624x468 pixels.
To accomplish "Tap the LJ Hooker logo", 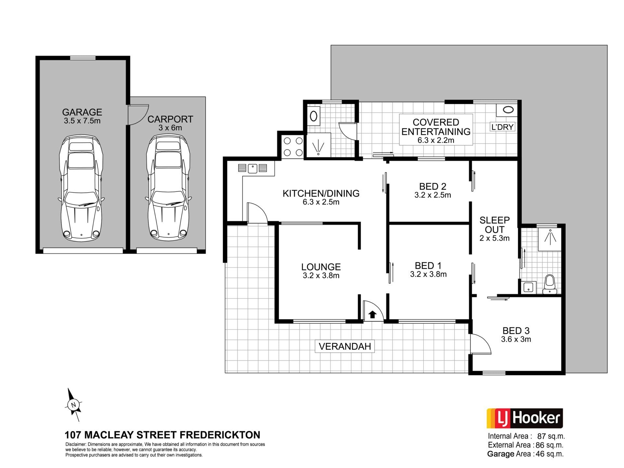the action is click(525, 418).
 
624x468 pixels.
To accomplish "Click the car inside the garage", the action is click(81, 188).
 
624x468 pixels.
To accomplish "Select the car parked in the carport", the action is click(168, 188).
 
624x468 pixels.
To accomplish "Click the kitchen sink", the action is click(253, 168).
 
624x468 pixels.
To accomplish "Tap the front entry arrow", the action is click(372, 314).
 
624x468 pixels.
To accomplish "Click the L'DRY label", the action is click(502, 127).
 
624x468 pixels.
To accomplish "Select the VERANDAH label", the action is click(345, 346).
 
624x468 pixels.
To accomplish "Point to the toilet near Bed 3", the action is click(550, 284).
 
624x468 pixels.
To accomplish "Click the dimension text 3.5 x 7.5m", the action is click(82, 121).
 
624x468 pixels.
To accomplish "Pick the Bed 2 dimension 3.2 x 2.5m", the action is click(433, 195).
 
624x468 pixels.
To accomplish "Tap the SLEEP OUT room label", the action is click(495, 225).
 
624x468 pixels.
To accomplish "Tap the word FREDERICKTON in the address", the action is click(220, 435).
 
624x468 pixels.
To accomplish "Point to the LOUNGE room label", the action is click(321, 267).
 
